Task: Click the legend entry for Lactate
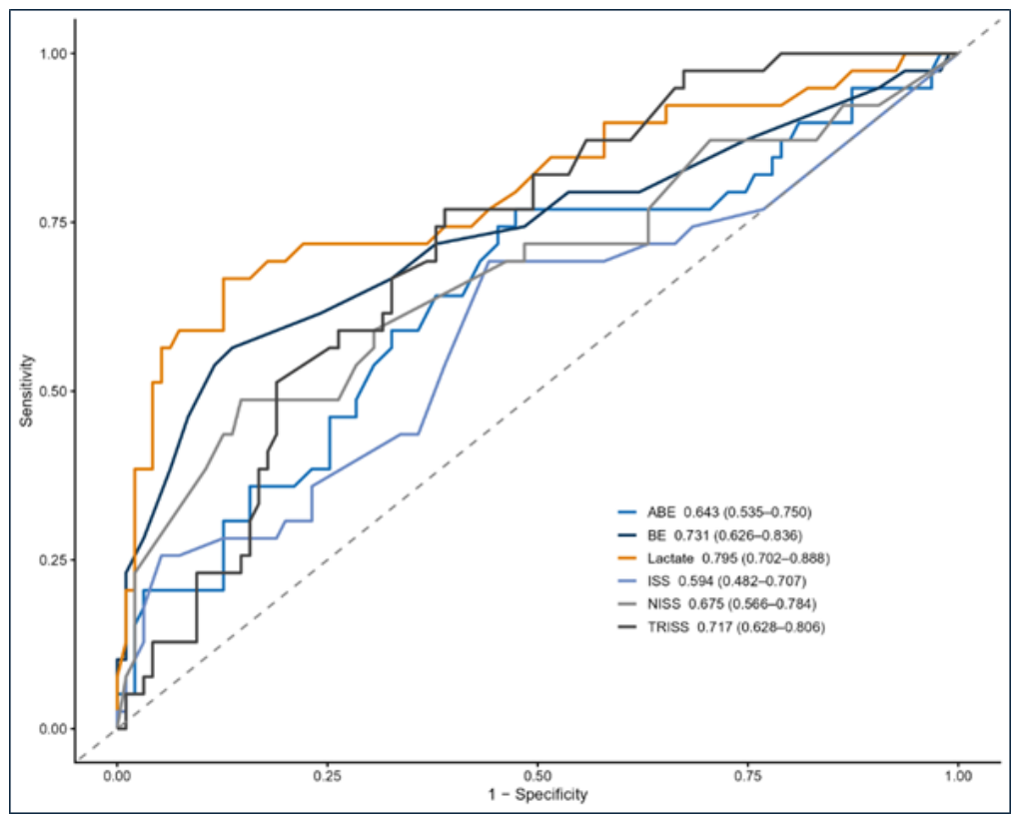tap(724, 558)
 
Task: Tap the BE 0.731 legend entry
tap(710, 535)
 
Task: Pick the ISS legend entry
tap(712, 581)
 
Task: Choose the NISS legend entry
tap(717, 603)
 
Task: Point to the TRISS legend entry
tap(721, 627)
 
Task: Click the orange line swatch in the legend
tap(626, 558)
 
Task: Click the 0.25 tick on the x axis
tap(327, 776)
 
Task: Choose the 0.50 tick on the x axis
tap(537, 776)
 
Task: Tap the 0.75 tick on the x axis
tap(748, 776)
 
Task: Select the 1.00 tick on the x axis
tap(959, 776)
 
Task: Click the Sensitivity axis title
tap(26, 391)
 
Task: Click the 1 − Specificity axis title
tap(538, 794)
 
